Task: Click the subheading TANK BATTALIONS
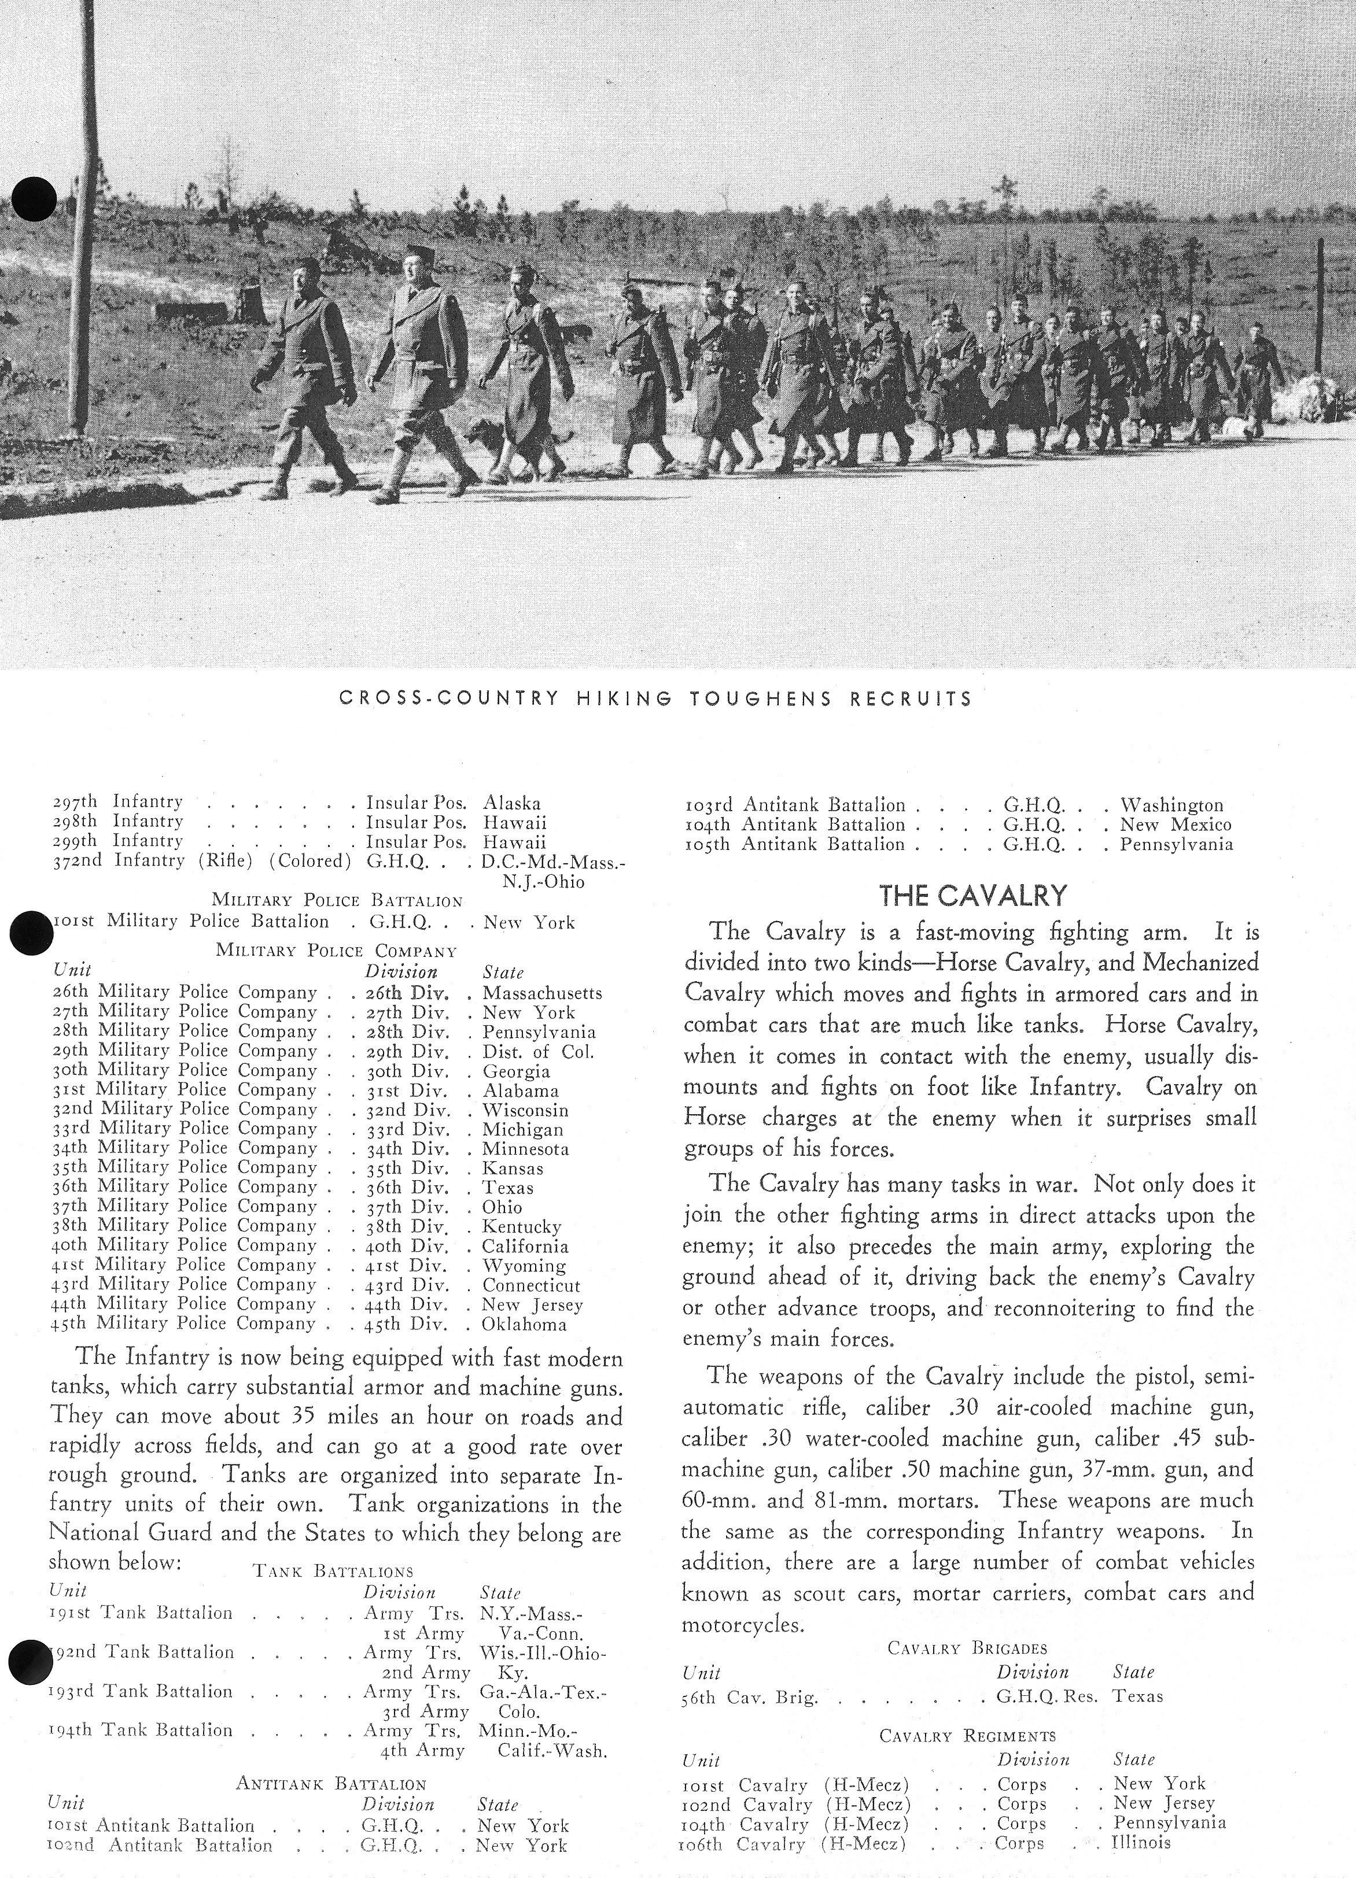[x=331, y=1571]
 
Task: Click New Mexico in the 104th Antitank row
[x=1176, y=825]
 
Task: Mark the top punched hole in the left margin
[x=35, y=199]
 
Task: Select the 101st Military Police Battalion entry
[x=190, y=922]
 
